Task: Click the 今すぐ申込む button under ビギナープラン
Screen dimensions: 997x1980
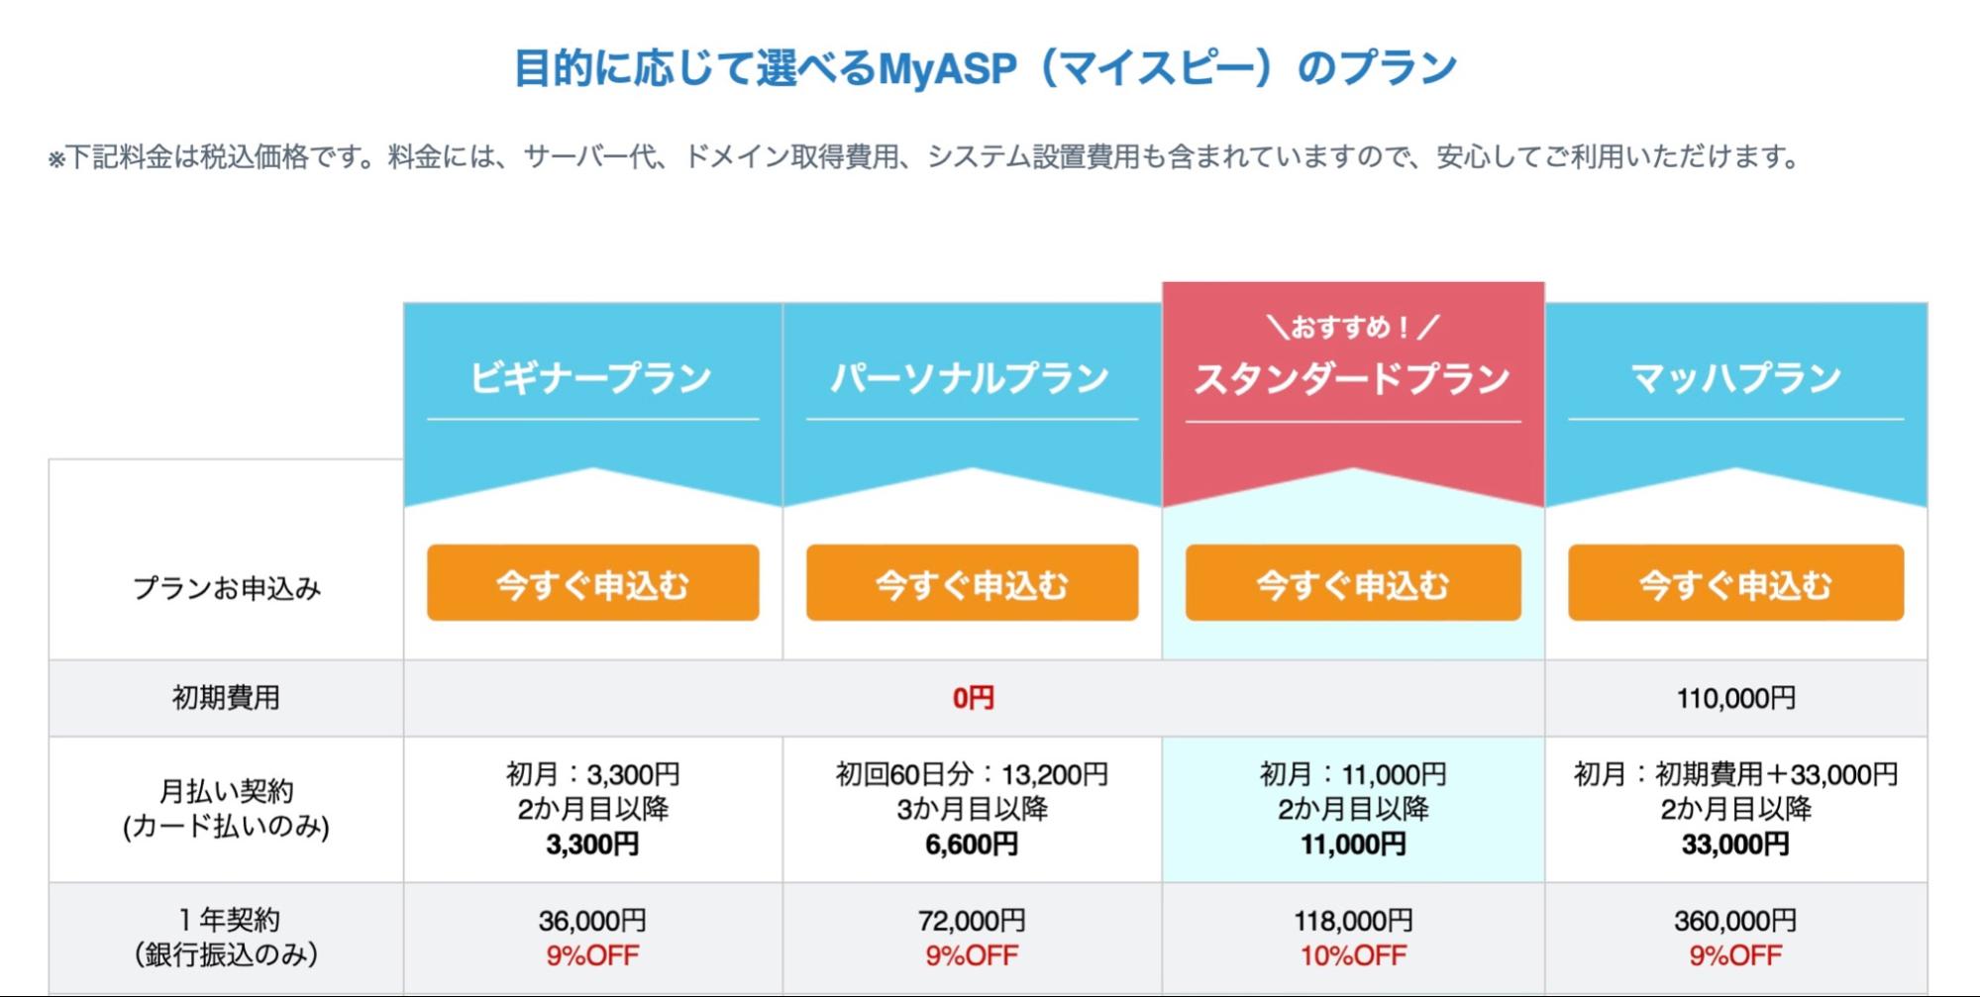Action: click(x=592, y=583)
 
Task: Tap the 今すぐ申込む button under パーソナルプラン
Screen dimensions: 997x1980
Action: click(x=972, y=583)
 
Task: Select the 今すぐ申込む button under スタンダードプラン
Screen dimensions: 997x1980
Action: click(x=1353, y=583)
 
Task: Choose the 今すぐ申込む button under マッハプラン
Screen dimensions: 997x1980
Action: click(x=1735, y=583)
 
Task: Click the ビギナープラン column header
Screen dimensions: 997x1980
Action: click(x=591, y=378)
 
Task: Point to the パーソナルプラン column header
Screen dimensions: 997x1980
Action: click(x=971, y=378)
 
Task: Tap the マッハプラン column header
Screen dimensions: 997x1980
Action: click(x=1735, y=378)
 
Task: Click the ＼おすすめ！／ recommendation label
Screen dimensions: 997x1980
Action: click(x=1352, y=327)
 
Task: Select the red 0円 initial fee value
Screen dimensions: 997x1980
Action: click(x=973, y=698)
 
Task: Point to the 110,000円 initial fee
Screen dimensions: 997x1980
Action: click(x=1735, y=698)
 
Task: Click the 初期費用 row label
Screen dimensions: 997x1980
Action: click(x=226, y=698)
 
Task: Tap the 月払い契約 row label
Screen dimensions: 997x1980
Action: click(x=226, y=792)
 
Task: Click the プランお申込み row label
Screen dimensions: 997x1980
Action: click(x=227, y=588)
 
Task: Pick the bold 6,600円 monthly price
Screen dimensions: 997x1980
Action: click(x=972, y=845)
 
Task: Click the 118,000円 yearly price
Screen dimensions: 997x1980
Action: click(x=1353, y=921)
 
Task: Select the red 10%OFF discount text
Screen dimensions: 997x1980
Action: click(x=1353, y=955)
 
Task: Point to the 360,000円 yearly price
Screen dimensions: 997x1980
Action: click(x=1735, y=921)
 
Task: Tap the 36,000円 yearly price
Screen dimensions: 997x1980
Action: click(x=592, y=921)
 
